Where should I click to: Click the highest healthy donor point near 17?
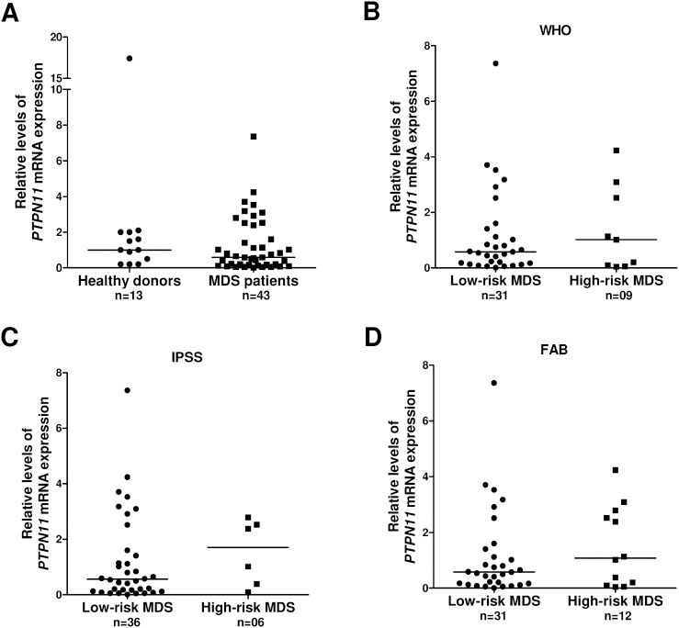[130, 58]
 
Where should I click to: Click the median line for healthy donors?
[129, 250]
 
